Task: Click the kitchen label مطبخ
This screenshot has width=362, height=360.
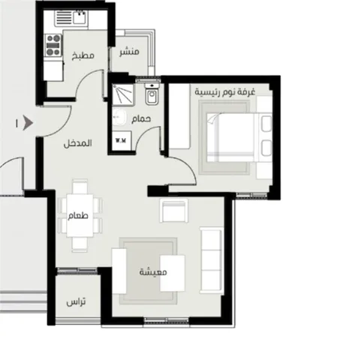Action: pyautogui.click(x=83, y=55)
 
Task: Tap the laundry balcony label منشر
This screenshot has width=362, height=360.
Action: pyautogui.click(x=129, y=52)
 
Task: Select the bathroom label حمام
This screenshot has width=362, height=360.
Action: pyautogui.click(x=141, y=119)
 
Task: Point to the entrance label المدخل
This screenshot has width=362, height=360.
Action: pyautogui.click(x=77, y=143)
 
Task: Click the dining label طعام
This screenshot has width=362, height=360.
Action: pyautogui.click(x=78, y=215)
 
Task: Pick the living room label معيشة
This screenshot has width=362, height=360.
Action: pyautogui.click(x=153, y=271)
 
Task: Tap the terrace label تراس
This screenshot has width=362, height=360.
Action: pyautogui.click(x=76, y=302)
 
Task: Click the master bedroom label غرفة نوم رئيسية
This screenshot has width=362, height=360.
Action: pyautogui.click(x=225, y=91)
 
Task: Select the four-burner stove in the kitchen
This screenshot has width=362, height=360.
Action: pyautogui.click(x=53, y=45)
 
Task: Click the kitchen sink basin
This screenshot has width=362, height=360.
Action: pyautogui.click(x=80, y=17)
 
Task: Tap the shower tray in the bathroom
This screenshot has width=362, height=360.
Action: pyautogui.click(x=122, y=94)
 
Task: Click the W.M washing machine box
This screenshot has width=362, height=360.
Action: pyautogui.click(x=121, y=140)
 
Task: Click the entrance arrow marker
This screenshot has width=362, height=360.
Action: pyautogui.click(x=28, y=123)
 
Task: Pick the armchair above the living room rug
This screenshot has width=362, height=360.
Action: pyautogui.click(x=174, y=210)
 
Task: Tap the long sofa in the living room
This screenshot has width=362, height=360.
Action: pyautogui.click(x=212, y=260)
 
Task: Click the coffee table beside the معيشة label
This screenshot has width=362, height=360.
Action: pyautogui.click(x=173, y=273)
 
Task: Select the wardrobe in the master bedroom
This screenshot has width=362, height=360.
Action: pyautogui.click(x=179, y=116)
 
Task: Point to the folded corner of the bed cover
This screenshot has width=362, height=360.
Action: pyautogui.click(x=213, y=118)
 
